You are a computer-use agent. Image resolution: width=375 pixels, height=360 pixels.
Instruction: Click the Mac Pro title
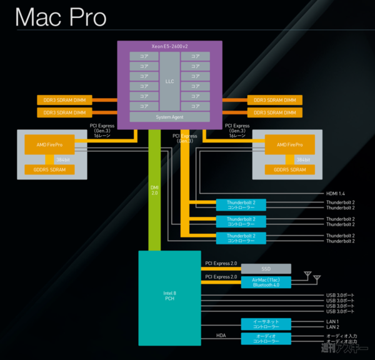point(62,17)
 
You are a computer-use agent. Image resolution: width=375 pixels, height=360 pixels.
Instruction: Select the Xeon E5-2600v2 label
point(169,47)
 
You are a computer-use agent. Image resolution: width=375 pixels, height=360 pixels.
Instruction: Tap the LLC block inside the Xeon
point(169,81)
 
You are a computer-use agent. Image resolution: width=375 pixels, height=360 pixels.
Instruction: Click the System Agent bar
point(169,117)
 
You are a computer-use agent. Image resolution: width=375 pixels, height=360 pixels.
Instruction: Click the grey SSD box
point(266,267)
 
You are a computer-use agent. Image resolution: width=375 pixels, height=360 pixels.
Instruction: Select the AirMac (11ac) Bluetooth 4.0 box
point(266,281)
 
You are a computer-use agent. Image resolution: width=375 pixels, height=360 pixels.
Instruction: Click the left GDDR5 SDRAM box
point(48,169)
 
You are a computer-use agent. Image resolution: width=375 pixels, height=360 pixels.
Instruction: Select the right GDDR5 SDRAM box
point(285,169)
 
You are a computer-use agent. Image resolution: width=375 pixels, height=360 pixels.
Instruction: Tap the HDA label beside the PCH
point(221,336)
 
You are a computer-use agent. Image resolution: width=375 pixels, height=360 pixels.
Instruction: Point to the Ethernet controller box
point(266,324)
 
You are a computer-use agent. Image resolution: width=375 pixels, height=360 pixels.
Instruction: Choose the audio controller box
point(266,339)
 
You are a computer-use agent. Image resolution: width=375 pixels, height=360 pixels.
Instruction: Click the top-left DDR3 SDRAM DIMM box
point(64,100)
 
